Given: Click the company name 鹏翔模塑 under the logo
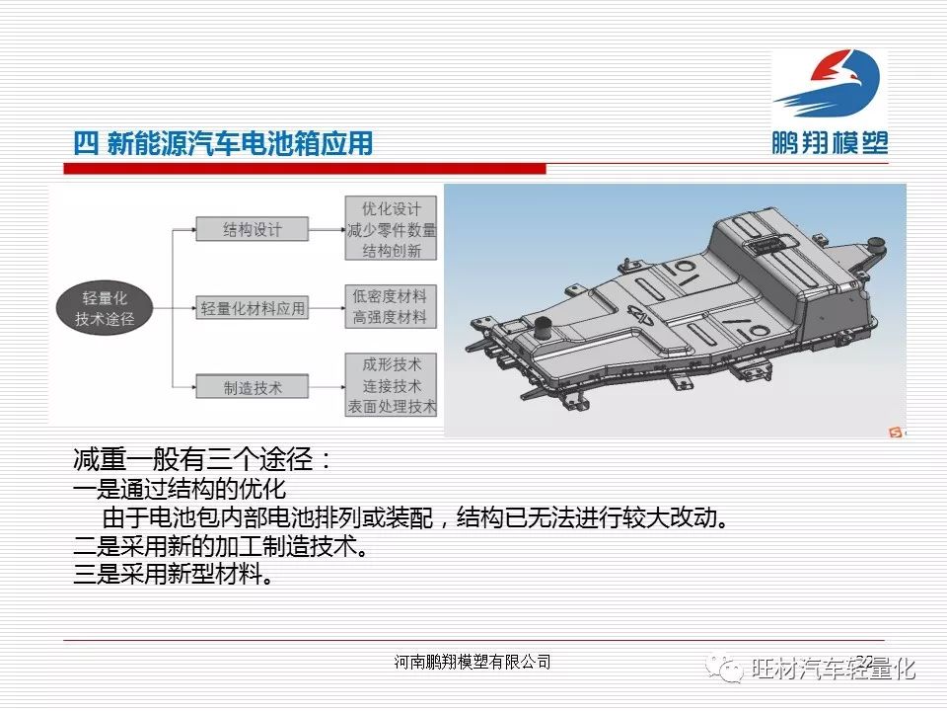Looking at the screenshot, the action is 830,143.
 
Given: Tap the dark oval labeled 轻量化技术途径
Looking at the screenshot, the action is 105,308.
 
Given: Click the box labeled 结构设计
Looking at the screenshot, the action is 252,230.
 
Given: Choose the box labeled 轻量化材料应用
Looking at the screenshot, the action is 252,308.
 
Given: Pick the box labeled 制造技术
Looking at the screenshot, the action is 252,387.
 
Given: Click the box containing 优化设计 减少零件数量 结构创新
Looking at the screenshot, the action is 391,228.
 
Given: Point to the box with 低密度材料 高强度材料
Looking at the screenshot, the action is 391,306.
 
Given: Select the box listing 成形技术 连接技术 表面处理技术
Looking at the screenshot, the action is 391,385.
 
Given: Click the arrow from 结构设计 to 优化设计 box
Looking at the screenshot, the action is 327,230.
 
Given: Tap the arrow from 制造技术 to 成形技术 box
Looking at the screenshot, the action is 327,387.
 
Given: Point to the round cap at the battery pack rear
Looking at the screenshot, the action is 876,248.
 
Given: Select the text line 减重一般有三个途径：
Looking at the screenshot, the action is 203,460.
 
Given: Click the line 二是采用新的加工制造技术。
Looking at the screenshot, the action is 220,546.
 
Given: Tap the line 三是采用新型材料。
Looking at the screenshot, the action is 173,573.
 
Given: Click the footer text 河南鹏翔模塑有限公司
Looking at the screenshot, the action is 473,662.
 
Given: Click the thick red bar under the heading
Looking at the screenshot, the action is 305,169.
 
